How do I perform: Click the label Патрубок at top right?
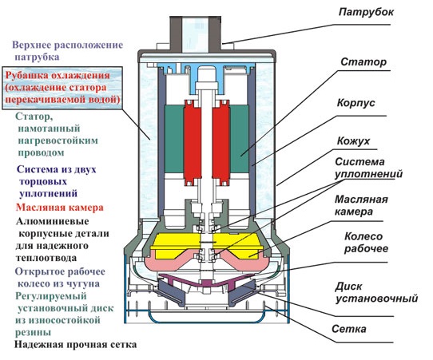(x=366, y=13)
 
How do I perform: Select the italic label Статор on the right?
(x=363, y=62)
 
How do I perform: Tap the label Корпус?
(x=356, y=103)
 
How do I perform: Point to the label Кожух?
(x=353, y=141)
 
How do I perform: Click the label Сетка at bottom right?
(x=349, y=329)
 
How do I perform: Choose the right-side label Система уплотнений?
(x=368, y=168)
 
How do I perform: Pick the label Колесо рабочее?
(x=366, y=242)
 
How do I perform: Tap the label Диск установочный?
(x=376, y=293)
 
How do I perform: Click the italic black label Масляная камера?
(x=361, y=205)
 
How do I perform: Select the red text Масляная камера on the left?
(x=60, y=208)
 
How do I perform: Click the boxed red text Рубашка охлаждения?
(x=58, y=75)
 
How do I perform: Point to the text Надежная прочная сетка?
(x=75, y=345)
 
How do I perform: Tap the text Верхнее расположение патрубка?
(x=68, y=51)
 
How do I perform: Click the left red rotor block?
(x=193, y=143)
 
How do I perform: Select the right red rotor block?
(x=221, y=143)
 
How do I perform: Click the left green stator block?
(x=174, y=140)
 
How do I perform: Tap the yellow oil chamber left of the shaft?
(x=175, y=246)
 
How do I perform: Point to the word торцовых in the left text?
(x=43, y=182)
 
